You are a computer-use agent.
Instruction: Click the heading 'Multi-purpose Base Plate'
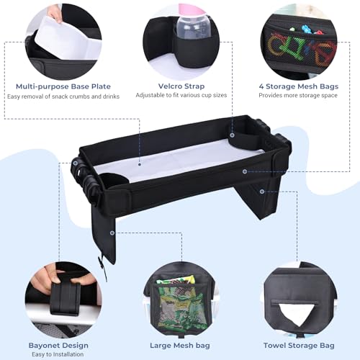pyautogui.click(x=63, y=86)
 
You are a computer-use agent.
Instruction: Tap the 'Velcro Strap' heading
pyautogui.click(x=181, y=86)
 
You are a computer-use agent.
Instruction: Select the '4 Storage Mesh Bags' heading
pyautogui.click(x=299, y=86)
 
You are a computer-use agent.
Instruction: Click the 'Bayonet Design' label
pyautogui.click(x=58, y=346)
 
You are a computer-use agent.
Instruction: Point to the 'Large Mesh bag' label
pyautogui.click(x=180, y=346)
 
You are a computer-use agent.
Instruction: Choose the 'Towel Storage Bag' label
pyautogui.click(x=299, y=346)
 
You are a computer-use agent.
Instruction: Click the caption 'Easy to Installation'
pyautogui.click(x=58, y=354)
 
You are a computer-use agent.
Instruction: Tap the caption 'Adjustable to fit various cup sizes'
pyautogui.click(x=181, y=95)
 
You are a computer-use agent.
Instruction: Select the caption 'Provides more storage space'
pyautogui.click(x=298, y=95)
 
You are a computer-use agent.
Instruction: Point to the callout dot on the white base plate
pyautogui.click(x=140, y=165)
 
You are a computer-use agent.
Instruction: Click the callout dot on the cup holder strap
pyautogui.click(x=232, y=135)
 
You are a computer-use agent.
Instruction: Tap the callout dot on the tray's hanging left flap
pyautogui.click(x=112, y=233)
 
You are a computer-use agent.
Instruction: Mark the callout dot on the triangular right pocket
pyautogui.click(x=262, y=192)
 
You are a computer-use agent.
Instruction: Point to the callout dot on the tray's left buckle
pyautogui.click(x=76, y=163)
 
